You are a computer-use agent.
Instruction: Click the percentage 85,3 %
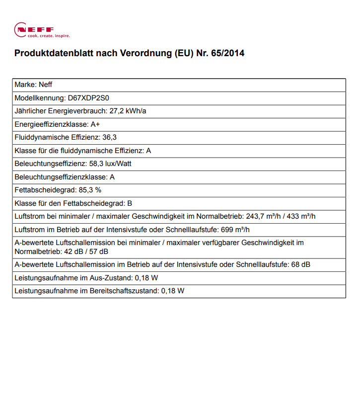pos(89,190)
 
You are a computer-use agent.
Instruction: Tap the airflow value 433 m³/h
pos(301,216)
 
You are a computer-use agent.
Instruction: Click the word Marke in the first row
pos(25,85)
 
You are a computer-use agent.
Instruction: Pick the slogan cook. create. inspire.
pos(48,36)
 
